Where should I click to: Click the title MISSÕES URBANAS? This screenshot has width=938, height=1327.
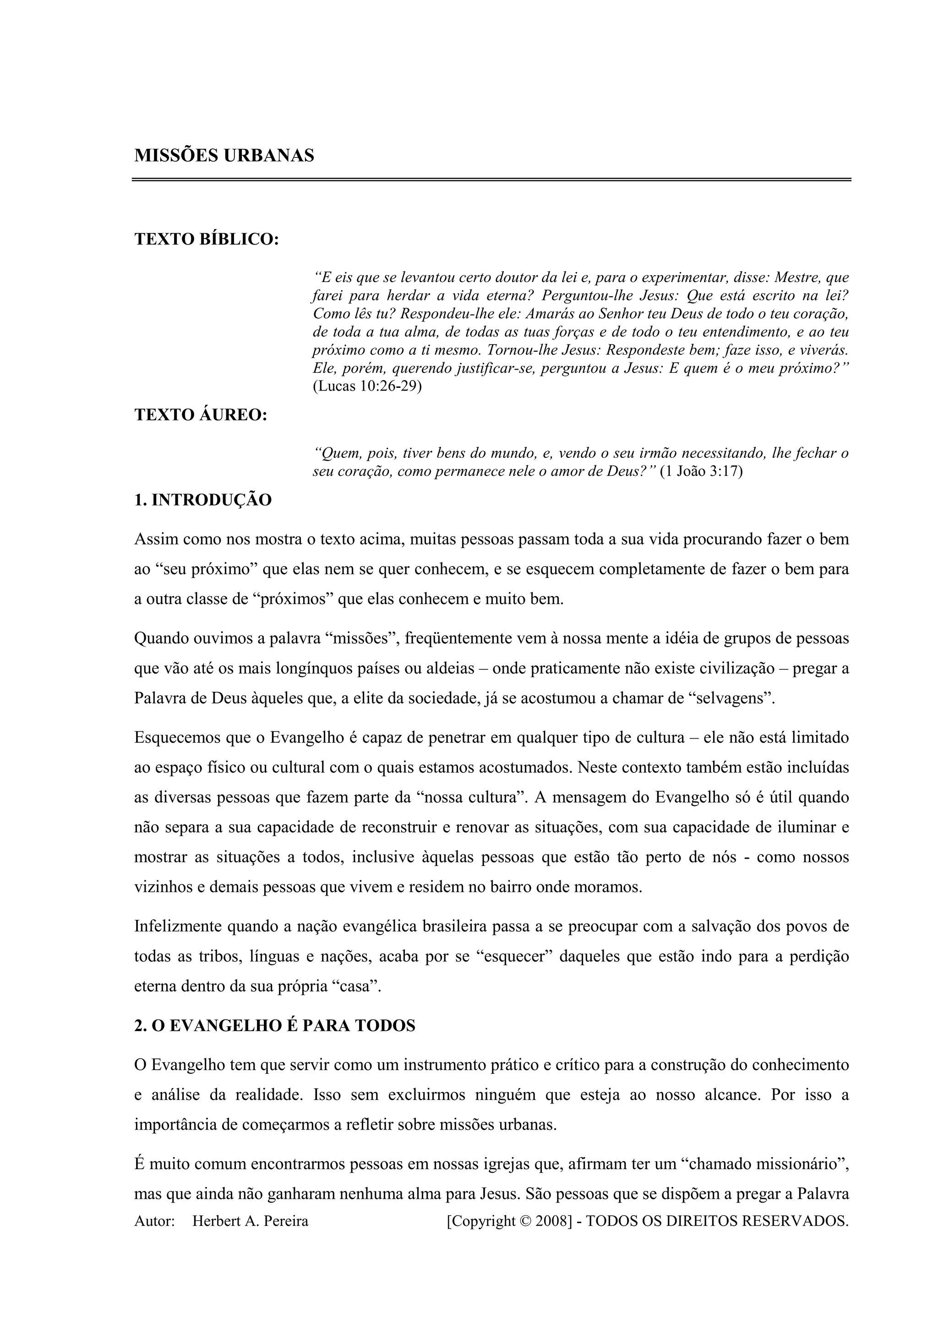pyautogui.click(x=224, y=156)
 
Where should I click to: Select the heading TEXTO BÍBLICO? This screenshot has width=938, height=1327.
pyautogui.click(x=206, y=239)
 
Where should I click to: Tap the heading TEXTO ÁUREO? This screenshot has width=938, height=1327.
pyautogui.click(x=201, y=415)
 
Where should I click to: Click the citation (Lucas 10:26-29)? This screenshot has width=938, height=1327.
pyautogui.click(x=367, y=386)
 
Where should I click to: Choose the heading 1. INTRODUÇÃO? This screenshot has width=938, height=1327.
pyautogui.click(x=203, y=500)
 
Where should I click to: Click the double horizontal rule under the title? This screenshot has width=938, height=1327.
pyautogui.click(x=491, y=180)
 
